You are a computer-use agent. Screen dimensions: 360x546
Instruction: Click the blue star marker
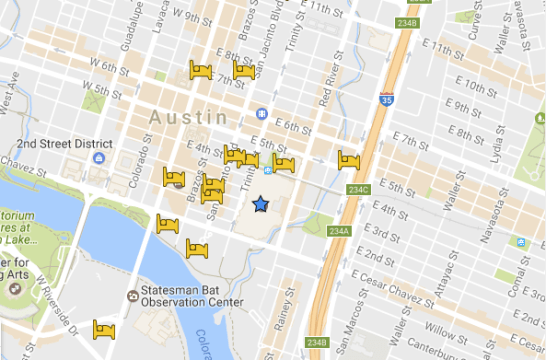point(260,204)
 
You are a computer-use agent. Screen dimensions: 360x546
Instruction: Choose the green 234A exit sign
point(339,232)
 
